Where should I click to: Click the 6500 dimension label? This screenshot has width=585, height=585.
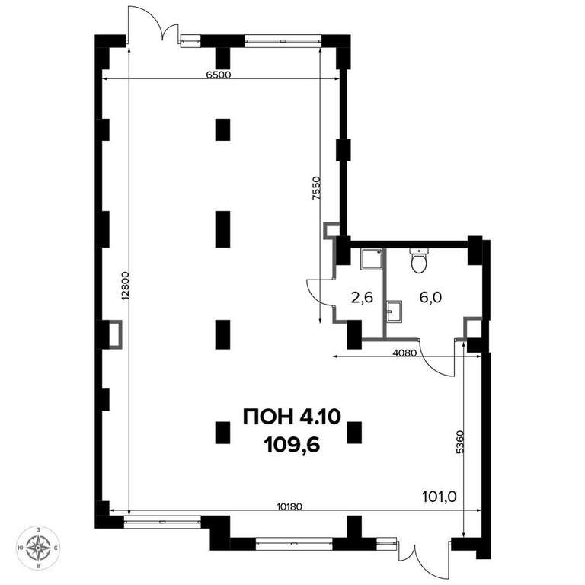pyautogui.click(x=219, y=75)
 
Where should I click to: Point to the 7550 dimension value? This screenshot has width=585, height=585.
pyautogui.click(x=316, y=188)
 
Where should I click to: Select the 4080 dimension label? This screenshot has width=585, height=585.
pyautogui.click(x=404, y=353)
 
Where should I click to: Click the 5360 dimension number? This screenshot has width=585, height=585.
pyautogui.click(x=460, y=442)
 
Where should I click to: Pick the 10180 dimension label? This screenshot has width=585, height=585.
pyautogui.click(x=289, y=507)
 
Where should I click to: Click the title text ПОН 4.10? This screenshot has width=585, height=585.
pyautogui.click(x=292, y=417)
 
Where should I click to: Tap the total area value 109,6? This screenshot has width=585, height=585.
pyautogui.click(x=292, y=445)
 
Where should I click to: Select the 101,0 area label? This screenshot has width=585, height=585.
pyautogui.click(x=439, y=497)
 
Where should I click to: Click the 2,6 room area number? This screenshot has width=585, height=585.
pyautogui.click(x=362, y=298)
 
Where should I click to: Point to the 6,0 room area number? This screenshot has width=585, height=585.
pyautogui.click(x=430, y=297)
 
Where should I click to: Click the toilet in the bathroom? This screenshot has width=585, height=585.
pyautogui.click(x=419, y=261)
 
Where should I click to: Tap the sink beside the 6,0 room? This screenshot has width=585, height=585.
pyautogui.click(x=395, y=311)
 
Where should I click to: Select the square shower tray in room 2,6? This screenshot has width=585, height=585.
pyautogui.click(x=371, y=259)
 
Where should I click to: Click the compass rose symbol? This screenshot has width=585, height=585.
pyautogui.click(x=38, y=548)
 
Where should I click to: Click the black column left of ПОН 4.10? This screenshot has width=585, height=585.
pyautogui.click(x=222, y=433)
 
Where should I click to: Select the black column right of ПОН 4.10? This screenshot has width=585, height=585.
pyautogui.click(x=354, y=433)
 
